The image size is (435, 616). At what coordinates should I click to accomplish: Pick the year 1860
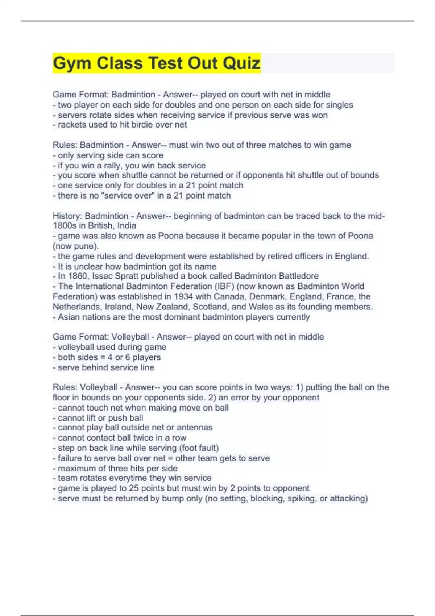[77, 276]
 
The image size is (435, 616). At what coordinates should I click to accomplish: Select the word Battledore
[295, 276]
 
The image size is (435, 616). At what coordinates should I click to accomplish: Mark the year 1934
[183, 296]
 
